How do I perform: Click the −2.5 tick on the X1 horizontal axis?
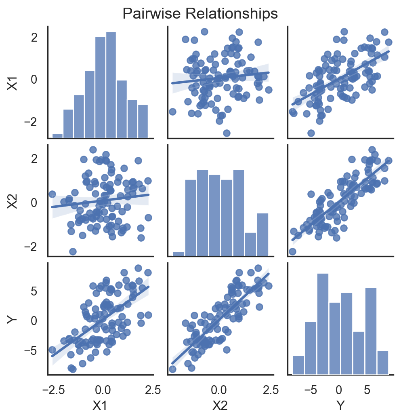51,390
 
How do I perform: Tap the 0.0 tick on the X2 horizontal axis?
218,390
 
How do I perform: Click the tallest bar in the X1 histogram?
111,85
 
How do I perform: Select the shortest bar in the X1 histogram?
57,136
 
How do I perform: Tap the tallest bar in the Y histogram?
323,324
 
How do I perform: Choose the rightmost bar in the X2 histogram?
262,234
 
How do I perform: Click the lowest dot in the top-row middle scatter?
227,133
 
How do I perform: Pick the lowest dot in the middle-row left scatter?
73,251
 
